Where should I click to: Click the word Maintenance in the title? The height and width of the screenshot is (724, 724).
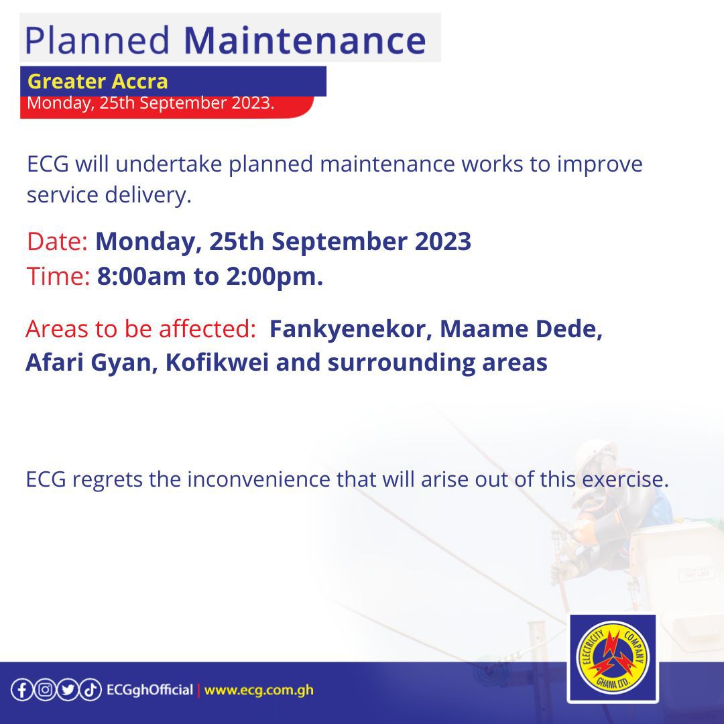pos(305,40)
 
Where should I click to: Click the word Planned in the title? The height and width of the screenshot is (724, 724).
pos(97,41)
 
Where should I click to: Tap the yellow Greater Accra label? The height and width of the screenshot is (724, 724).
pos(97,81)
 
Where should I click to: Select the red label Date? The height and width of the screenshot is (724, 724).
pos(57,241)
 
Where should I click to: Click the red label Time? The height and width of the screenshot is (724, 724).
pos(58,276)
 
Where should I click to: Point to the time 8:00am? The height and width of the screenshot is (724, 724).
pos(141,276)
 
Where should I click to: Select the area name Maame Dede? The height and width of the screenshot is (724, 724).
pos(521,328)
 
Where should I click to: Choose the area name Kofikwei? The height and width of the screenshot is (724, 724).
pos(217,362)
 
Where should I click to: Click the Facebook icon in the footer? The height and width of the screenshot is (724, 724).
pos(21,690)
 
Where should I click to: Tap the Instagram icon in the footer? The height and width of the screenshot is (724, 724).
pos(45,690)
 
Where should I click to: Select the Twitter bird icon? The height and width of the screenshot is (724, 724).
pos(68,690)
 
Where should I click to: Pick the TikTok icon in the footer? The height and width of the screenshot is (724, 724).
pos(90,690)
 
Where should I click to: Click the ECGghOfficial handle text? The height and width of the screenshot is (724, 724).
pos(149,690)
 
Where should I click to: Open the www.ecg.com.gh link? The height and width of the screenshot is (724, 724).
pos(259,690)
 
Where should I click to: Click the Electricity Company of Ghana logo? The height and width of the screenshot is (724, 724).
pos(613,658)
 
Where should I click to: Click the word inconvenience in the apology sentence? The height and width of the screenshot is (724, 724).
pos(259,479)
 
